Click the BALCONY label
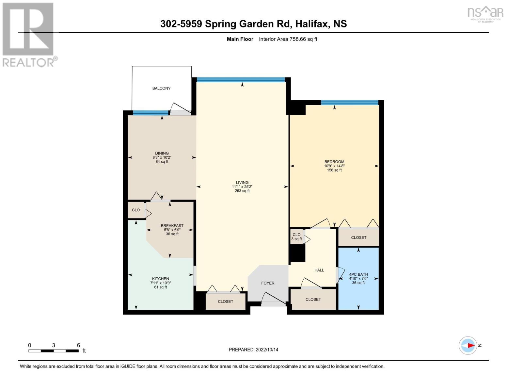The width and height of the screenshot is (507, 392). (161, 88)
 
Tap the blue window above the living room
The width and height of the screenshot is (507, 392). (241, 80)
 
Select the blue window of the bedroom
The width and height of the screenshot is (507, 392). (349, 103)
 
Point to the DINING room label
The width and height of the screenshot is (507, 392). (162, 154)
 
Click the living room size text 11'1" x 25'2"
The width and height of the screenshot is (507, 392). (242, 187)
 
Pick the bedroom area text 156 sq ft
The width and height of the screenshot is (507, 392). (334, 170)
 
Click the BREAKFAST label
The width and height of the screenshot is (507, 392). (172, 225)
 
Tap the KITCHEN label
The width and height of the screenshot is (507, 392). (160, 279)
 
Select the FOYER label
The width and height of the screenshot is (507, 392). (268, 283)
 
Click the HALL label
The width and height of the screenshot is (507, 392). (319, 270)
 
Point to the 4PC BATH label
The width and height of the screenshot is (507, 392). (358, 275)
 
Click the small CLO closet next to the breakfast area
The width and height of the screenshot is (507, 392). (136, 210)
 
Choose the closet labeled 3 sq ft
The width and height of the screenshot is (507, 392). (296, 237)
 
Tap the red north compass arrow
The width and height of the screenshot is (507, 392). (471, 345)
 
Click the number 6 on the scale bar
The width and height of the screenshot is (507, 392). (78, 345)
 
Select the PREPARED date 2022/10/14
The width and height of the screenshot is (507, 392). (267, 350)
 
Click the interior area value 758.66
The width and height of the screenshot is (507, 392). (297, 39)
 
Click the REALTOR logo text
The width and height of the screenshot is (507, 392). (28, 63)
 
